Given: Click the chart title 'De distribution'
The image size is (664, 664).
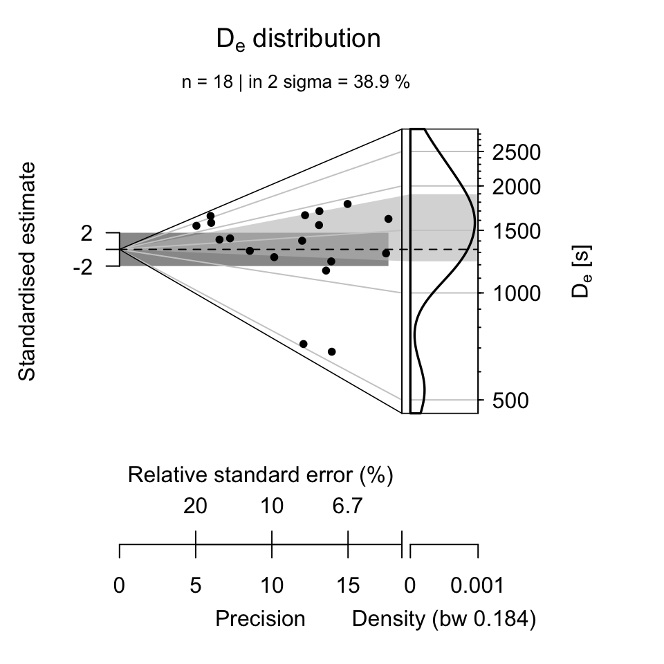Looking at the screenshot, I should coord(298,39).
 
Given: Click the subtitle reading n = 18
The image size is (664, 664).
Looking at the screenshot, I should coord(296,82).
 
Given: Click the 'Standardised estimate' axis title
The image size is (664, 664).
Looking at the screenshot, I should coord(27,271).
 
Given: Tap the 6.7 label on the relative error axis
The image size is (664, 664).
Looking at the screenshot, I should coord(347,507).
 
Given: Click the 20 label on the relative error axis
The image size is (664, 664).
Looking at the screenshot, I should coord(195,507).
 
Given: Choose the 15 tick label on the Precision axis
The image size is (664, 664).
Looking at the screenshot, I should coord(348,586).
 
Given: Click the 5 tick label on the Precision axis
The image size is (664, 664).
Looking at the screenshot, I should coord(196,586).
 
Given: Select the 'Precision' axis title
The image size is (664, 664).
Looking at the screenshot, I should coord(260,618).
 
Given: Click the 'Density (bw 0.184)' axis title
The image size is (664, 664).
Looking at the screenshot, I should coord(444,618).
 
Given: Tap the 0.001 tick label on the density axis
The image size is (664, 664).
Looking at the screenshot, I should coord(478,586).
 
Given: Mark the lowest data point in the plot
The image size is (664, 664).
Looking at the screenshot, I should coord(331,351).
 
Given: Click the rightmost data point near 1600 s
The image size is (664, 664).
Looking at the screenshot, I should coord(388,219).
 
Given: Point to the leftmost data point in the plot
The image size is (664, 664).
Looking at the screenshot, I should coord(196,225).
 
